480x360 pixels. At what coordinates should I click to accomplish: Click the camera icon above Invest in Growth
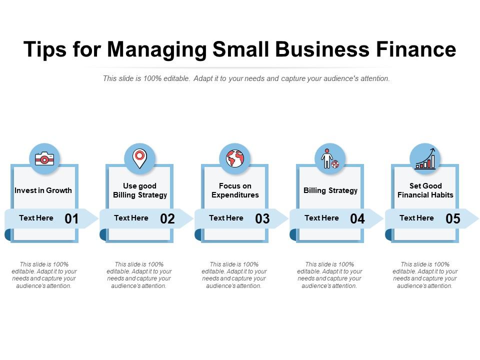click(44, 158)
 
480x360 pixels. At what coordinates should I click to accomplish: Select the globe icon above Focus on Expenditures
click(235, 158)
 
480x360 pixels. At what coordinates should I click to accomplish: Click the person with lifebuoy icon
click(330, 158)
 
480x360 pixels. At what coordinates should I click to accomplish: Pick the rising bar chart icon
click(425, 158)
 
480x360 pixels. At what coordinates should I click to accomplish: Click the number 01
click(71, 218)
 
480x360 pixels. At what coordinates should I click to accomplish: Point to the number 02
click(167, 218)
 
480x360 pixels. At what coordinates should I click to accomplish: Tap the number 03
click(262, 218)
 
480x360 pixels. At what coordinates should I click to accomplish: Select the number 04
click(357, 218)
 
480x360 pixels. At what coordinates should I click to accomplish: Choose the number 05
click(453, 218)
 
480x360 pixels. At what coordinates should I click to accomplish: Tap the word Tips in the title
click(44, 49)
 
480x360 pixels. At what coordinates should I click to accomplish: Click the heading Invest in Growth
click(43, 190)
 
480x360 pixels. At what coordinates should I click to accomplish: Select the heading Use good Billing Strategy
click(140, 190)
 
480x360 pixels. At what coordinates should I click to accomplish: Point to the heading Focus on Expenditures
click(235, 190)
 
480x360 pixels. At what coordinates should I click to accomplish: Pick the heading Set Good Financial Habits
click(425, 190)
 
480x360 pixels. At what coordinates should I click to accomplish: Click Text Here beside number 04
click(321, 218)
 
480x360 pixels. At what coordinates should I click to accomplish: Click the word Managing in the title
click(157, 50)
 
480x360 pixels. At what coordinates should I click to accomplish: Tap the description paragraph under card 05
click(425, 275)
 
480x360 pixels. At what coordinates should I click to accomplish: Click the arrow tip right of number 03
click(288, 218)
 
